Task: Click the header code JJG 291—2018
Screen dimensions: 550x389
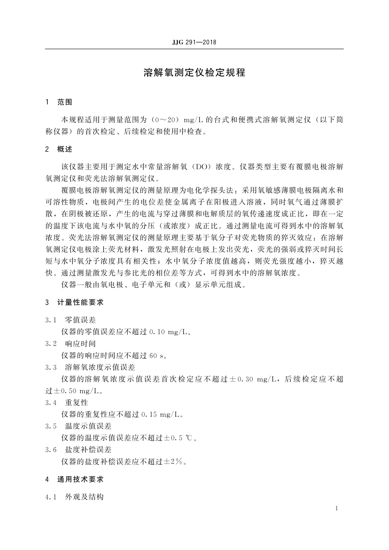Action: click(194, 42)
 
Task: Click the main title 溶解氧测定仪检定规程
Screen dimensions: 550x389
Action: click(194, 73)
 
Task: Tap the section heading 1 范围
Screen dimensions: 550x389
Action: click(59, 102)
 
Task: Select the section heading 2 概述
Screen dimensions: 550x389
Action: click(59, 150)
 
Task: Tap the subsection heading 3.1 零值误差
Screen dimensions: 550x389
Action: click(71, 320)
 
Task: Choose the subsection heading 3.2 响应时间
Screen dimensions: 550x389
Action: click(71, 344)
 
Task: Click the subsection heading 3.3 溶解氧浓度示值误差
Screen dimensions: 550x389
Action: click(90, 367)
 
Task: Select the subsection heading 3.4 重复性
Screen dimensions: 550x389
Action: click(67, 403)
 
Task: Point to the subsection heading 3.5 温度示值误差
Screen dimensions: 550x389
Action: click(78, 426)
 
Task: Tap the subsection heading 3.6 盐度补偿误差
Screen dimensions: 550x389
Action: click(78, 450)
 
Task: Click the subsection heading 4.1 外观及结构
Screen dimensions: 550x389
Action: click(74, 497)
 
